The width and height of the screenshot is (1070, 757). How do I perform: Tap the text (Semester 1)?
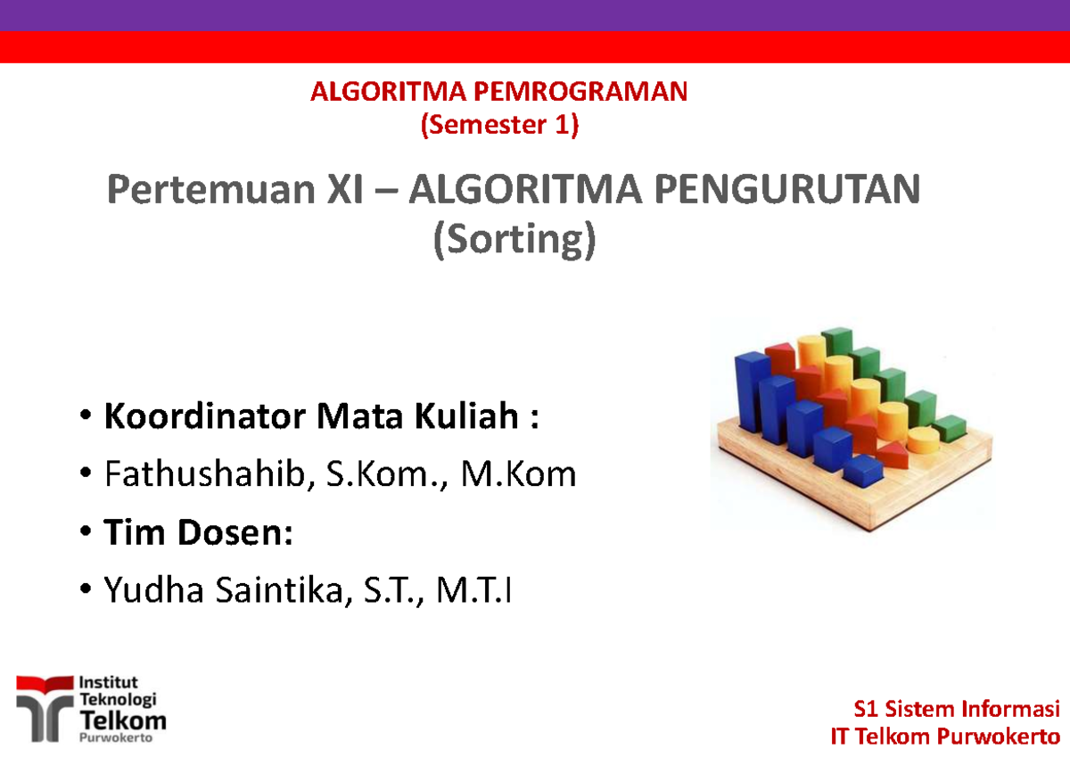click(x=499, y=126)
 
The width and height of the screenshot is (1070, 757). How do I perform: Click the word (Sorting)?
click(x=513, y=241)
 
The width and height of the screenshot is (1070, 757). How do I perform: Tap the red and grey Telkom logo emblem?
click(x=43, y=706)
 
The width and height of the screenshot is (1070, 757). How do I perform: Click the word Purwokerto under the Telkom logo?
click(x=116, y=738)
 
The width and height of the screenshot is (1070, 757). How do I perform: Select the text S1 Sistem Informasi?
click(x=956, y=710)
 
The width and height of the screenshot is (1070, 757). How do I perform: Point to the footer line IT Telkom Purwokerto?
click(x=944, y=737)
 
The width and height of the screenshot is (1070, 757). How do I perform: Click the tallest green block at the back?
click(x=838, y=348)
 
